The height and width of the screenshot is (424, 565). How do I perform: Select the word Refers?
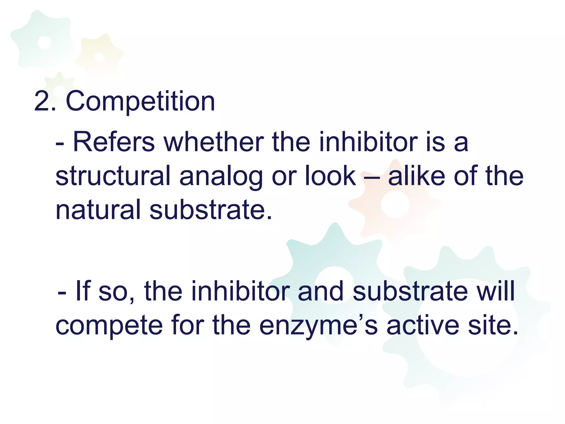114,142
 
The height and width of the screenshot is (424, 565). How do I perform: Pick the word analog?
221,176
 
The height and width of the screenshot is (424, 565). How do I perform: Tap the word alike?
416,176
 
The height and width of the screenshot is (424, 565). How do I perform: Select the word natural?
98,210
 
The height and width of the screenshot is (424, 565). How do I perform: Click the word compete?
109,326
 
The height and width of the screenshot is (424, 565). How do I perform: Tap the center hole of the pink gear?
395,205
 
